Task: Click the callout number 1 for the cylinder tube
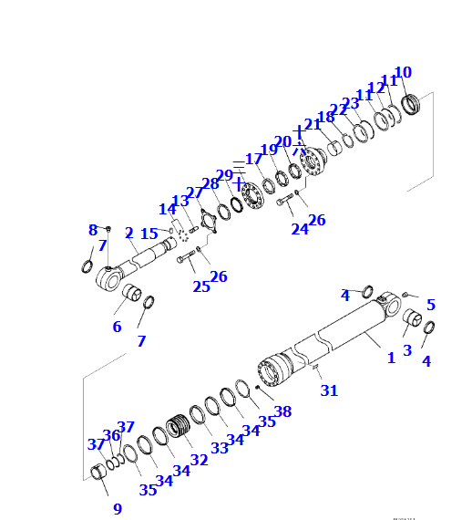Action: point(392,358)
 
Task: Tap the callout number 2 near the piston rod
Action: point(129,233)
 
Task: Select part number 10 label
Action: point(403,72)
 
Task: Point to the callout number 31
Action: point(329,390)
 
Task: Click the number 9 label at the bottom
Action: point(118,509)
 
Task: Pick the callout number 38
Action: point(282,411)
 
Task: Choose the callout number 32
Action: point(199,460)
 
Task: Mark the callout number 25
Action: point(200,286)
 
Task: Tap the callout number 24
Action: point(298,229)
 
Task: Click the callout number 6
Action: point(117,327)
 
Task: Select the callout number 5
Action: point(430,305)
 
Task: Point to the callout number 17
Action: point(253,159)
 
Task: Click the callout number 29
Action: point(224,175)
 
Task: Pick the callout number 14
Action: point(167,209)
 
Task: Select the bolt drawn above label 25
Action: point(188,260)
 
